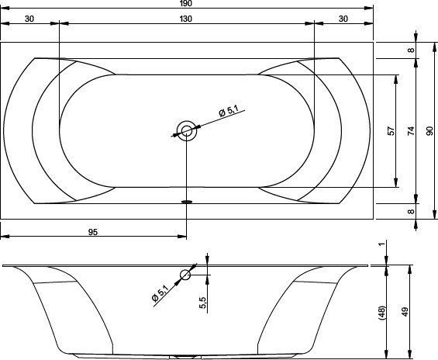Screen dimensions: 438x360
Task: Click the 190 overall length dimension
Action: pyautogui.click(x=186, y=3)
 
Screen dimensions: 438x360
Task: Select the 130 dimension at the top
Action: pyautogui.click(x=186, y=19)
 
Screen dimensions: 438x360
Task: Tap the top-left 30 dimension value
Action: pyautogui.click(x=29, y=19)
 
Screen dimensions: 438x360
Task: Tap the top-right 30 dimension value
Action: pyautogui.click(x=343, y=19)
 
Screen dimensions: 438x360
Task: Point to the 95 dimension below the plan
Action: pyautogui.click(x=93, y=232)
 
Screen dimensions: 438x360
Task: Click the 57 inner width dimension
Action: pyautogui.click(x=391, y=131)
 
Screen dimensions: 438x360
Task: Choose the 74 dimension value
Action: pyautogui.click(x=411, y=131)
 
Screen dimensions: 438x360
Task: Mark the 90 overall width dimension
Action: pyautogui.click(x=430, y=131)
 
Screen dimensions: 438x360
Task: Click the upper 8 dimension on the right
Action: pyautogui.click(x=411, y=50)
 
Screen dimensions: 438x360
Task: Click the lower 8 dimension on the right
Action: pyautogui.click(x=411, y=211)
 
